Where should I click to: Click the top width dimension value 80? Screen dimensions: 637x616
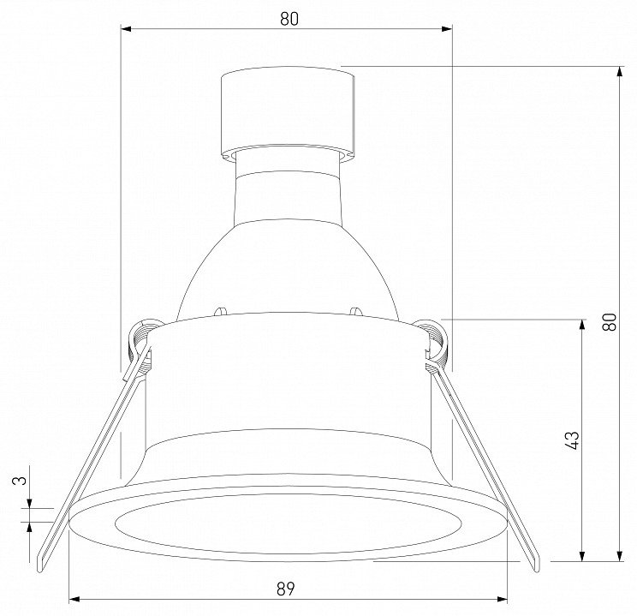pyautogui.click(x=289, y=19)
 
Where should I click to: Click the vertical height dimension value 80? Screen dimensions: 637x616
pyautogui.click(x=610, y=321)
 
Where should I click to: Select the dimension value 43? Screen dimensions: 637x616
pyautogui.click(x=572, y=440)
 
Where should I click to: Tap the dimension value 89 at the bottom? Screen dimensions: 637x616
pyautogui.click(x=286, y=589)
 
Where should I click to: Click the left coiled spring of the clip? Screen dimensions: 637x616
pyautogui.click(x=140, y=342)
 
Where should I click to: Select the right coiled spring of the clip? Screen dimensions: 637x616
pyautogui.click(x=436, y=342)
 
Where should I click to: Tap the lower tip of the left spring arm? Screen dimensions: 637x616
pyautogui.click(x=39, y=570)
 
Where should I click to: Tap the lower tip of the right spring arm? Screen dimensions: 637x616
pyautogui.click(x=537, y=570)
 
